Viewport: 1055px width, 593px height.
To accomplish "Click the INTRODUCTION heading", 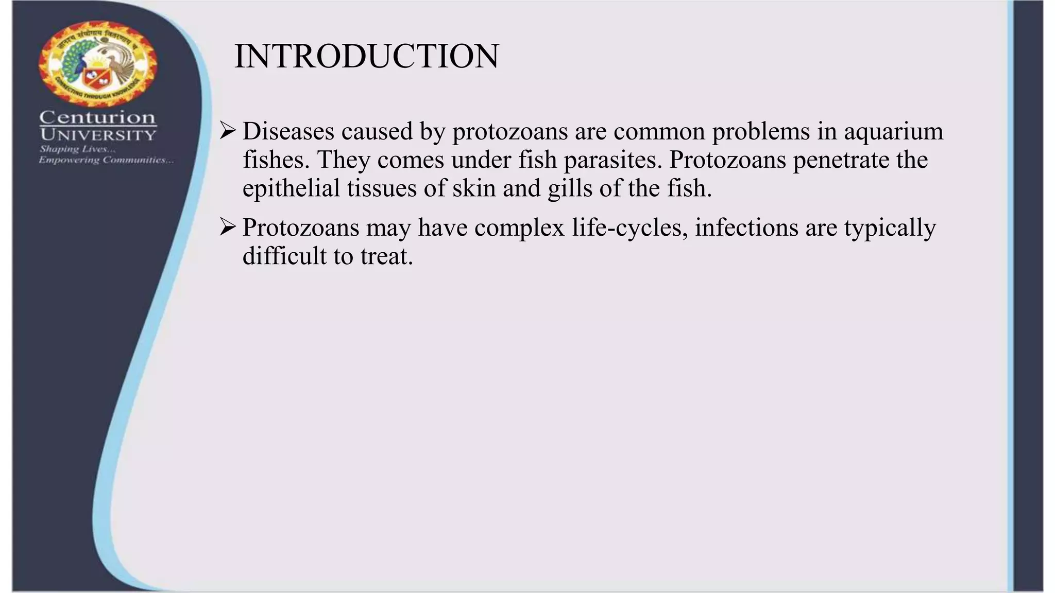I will tap(366, 56).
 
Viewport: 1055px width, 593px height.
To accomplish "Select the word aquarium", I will tap(893, 131).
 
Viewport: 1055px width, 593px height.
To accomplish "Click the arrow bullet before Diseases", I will tap(227, 131).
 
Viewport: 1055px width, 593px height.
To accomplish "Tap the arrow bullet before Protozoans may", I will tap(227, 227).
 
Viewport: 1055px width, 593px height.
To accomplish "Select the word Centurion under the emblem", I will tap(97, 118).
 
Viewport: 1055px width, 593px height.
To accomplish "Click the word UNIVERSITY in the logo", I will tap(97, 135).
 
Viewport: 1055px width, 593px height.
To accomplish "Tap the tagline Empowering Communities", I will tap(106, 160).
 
